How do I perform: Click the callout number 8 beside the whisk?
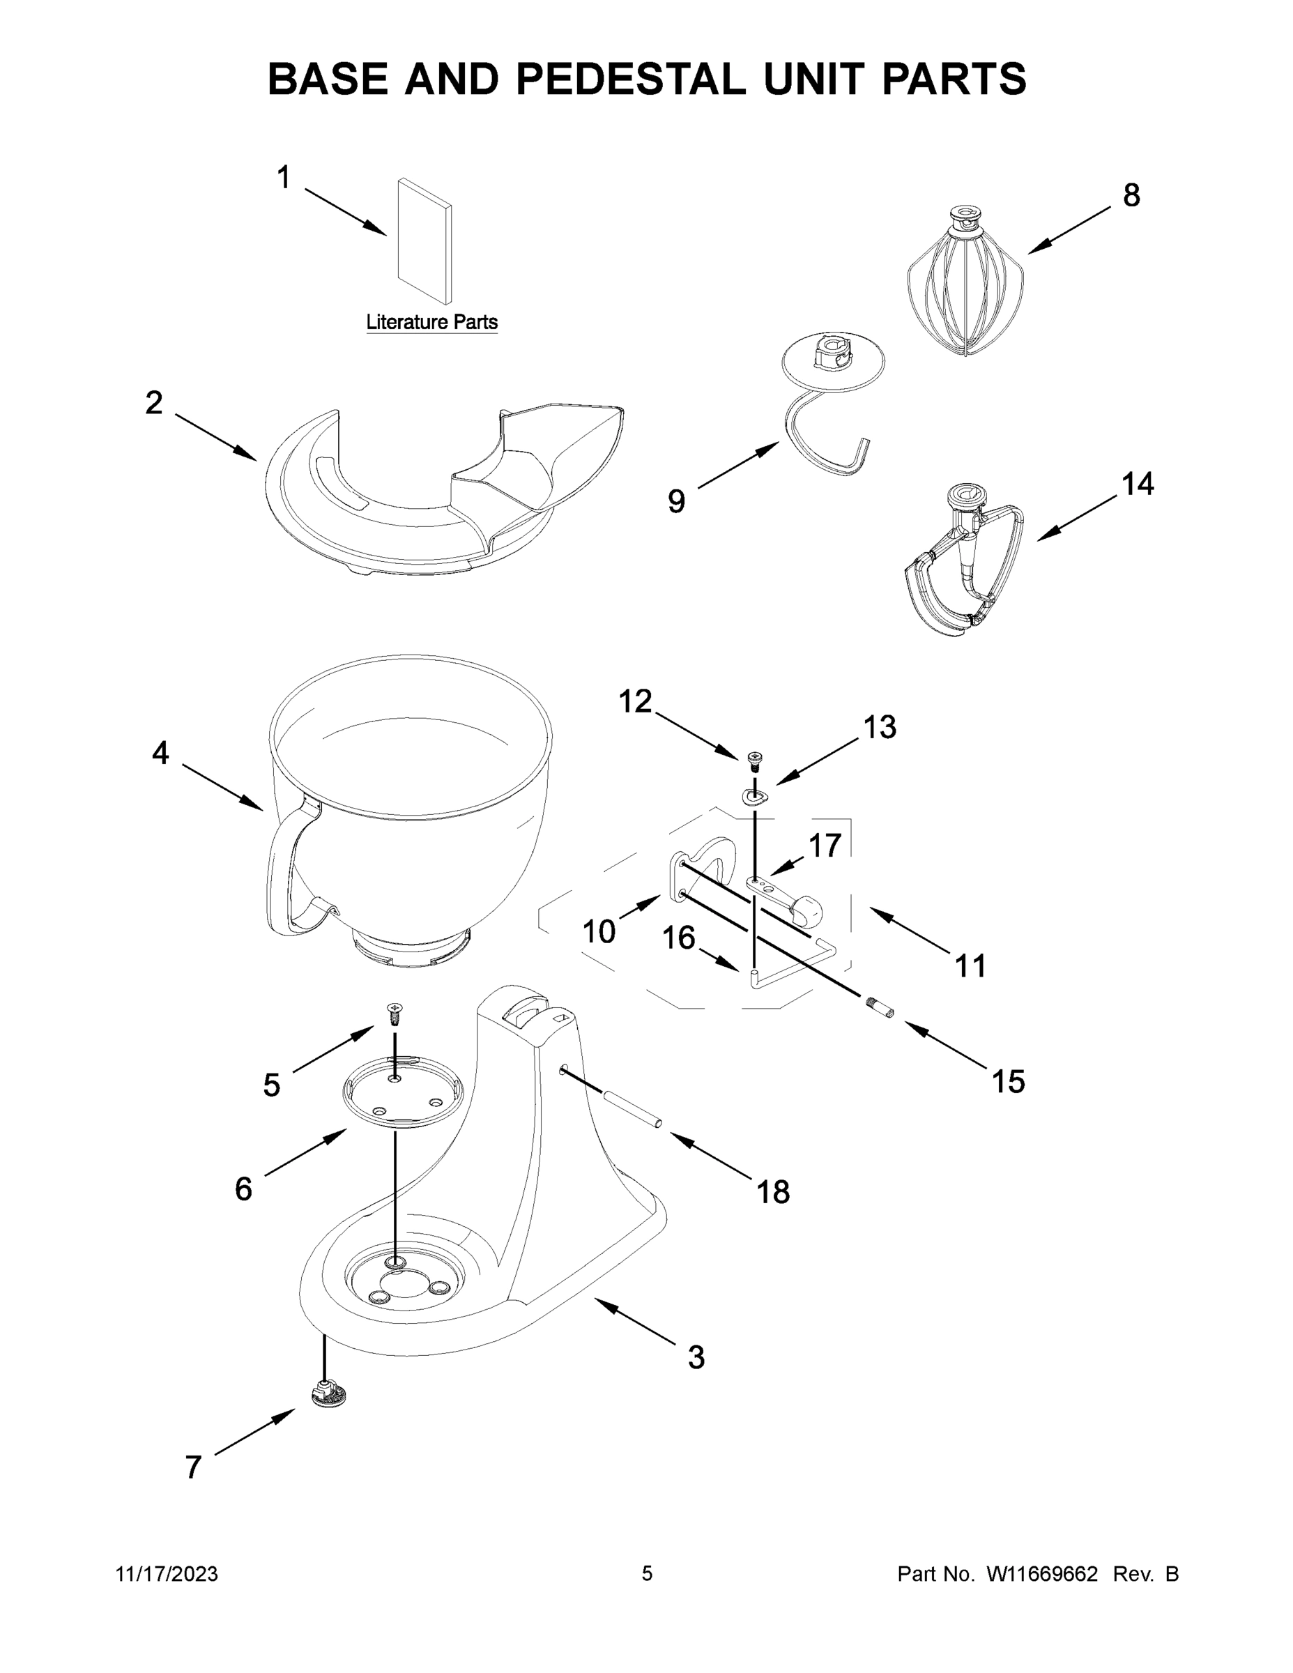[x=1131, y=195]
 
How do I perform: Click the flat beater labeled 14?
[x=965, y=567]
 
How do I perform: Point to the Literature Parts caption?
[x=431, y=322]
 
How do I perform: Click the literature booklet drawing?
[x=424, y=241]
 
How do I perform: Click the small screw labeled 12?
[x=754, y=759]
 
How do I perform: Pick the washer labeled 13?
[x=754, y=797]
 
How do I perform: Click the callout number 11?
[x=970, y=966]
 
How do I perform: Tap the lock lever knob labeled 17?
[x=806, y=910]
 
